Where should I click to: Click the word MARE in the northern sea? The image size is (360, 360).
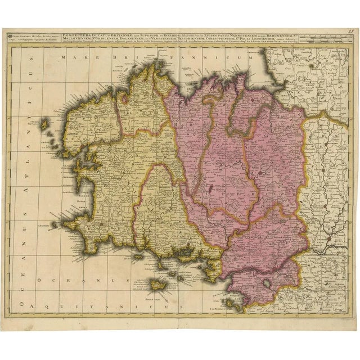coord(74,57)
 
